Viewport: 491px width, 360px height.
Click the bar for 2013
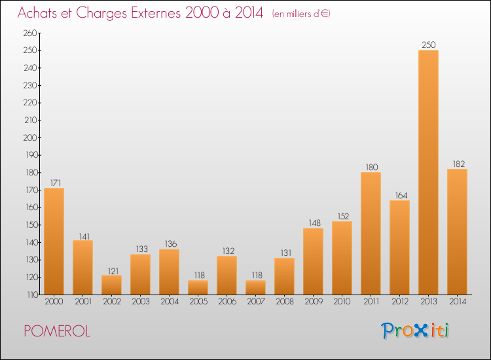428,172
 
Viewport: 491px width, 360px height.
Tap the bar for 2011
371,233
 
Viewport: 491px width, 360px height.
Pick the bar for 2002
111,285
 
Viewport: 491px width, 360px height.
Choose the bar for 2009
313,261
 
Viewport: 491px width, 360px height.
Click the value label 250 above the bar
428,45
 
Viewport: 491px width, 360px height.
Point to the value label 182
457,163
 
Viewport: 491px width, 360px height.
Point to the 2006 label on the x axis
227,302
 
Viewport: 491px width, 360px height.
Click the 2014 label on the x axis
457,302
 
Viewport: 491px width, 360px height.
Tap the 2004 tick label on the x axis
169,302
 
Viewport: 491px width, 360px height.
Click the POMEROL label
56,331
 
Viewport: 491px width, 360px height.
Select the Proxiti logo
415,331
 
